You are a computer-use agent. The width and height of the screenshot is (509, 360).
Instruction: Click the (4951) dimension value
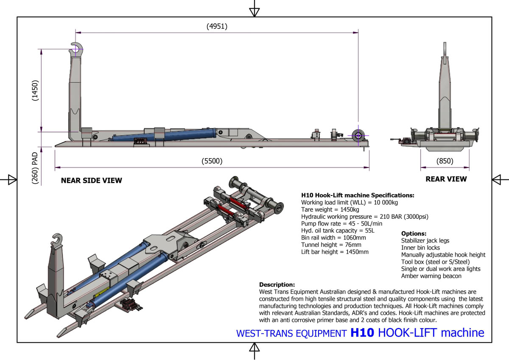217,26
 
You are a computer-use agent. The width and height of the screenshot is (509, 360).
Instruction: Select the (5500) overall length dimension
212,161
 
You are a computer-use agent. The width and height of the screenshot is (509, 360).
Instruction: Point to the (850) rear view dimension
445,161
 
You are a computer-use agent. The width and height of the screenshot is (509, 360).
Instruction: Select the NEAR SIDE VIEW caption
91,180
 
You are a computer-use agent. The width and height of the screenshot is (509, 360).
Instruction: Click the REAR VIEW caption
446,179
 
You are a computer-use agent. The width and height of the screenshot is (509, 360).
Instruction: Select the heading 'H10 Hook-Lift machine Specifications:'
357,195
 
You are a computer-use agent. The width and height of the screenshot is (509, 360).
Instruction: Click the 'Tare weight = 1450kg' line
330,209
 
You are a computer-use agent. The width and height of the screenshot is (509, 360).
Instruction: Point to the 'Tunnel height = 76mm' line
331,245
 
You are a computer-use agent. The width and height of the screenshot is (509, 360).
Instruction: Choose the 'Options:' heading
414,234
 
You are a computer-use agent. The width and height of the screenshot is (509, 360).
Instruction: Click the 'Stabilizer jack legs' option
425,240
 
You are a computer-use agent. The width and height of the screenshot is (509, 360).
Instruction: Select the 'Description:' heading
277,285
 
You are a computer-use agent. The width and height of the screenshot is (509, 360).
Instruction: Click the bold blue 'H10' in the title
362,333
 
